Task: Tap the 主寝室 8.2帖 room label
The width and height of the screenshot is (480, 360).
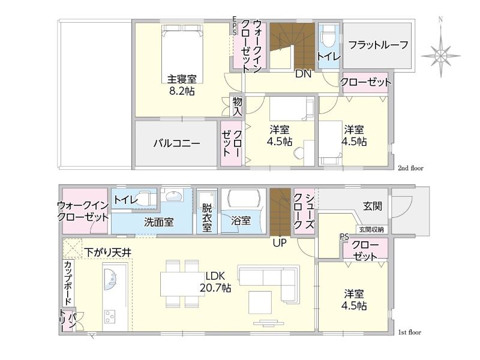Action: pos(182,85)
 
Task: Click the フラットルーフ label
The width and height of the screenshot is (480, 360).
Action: pos(378,45)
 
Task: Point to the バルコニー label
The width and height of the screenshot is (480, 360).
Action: pos(177,143)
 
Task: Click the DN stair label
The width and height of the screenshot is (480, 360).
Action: pos(303,74)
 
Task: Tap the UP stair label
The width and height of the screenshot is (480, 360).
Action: pos(280,243)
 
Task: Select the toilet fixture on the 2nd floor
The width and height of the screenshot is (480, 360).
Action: pos(328,36)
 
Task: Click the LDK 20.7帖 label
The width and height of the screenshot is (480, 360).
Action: pos(215,282)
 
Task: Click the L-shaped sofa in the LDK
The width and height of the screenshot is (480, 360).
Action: pos(268,284)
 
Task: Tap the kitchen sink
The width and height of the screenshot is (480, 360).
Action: pos(110,279)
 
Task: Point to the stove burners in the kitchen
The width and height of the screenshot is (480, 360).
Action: pos(110,317)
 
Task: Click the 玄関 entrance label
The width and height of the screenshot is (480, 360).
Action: pos(373,206)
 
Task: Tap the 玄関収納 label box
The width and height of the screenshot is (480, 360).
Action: pos(371,229)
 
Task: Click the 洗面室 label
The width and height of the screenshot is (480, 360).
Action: pos(159,222)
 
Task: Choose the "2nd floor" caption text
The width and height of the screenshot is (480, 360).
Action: pos(410,168)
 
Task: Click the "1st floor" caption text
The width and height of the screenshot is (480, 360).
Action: pos(410,332)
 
